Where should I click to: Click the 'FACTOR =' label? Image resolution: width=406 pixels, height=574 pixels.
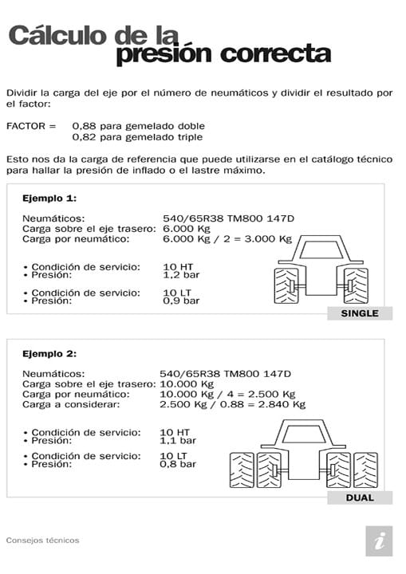[x=31, y=126]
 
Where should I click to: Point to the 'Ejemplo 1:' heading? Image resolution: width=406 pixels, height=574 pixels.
[x=49, y=198]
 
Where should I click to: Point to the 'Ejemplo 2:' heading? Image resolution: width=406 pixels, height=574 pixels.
[x=49, y=352]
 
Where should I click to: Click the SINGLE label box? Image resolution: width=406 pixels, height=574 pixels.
[x=360, y=313]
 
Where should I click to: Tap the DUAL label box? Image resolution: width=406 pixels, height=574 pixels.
[x=360, y=497]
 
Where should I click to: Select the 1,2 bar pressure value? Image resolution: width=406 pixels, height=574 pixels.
[x=179, y=274]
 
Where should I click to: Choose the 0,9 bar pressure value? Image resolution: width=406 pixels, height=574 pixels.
[x=179, y=301]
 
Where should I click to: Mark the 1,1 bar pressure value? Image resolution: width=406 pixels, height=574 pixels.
[x=178, y=439]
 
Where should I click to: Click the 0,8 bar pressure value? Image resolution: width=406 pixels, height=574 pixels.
[x=178, y=463]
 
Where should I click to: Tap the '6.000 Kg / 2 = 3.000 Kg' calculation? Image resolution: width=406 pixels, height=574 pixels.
[x=227, y=238]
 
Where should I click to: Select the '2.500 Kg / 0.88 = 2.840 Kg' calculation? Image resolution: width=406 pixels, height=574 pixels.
[x=233, y=404]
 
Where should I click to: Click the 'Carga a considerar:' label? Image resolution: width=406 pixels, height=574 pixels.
[x=71, y=404]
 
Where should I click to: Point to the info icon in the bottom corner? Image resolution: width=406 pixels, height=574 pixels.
[x=379, y=541]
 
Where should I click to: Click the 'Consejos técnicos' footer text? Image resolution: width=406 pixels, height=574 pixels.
[x=42, y=540]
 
